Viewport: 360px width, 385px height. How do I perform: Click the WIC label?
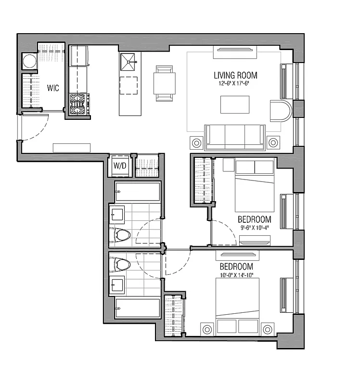(x=52, y=88)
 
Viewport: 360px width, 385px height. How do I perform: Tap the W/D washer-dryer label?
(x=119, y=167)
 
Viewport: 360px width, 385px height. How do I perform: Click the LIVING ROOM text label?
(x=235, y=75)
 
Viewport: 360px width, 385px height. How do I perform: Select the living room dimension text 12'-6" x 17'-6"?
(x=235, y=83)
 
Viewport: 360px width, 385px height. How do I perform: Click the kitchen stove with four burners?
(x=79, y=103)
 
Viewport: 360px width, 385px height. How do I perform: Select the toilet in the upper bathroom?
(x=122, y=235)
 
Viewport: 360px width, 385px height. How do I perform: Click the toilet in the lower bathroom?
(x=122, y=265)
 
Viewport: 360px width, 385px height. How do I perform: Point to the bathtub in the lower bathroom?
(x=137, y=308)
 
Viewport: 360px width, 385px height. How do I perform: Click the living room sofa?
(x=235, y=137)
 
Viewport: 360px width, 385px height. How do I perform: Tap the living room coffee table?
(x=235, y=104)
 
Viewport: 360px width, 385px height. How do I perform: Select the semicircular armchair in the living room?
(x=280, y=110)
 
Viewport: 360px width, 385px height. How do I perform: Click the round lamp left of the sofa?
(x=196, y=143)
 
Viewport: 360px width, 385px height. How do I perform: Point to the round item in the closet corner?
(x=29, y=63)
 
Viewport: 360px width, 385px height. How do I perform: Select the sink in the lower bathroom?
(x=116, y=285)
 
